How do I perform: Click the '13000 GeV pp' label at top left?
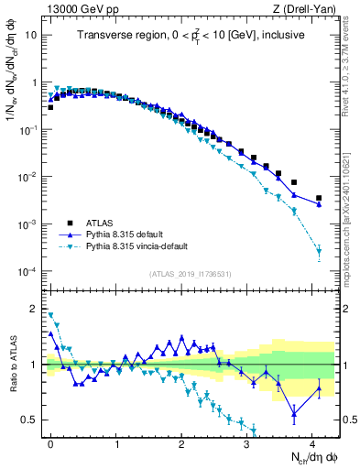point(76,8)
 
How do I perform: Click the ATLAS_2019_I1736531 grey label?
point(190,274)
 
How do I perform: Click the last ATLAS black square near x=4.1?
point(319,198)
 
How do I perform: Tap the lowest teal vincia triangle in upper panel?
point(319,250)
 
